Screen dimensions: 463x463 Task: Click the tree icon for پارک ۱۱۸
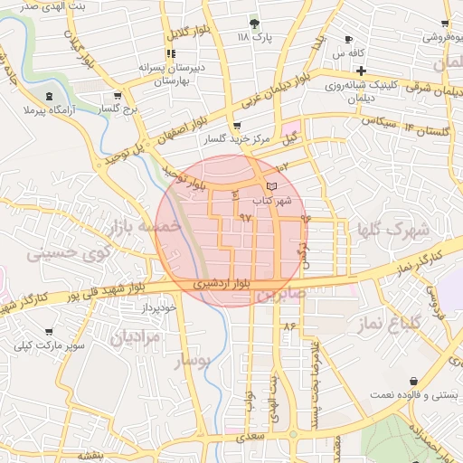(x=254, y=23)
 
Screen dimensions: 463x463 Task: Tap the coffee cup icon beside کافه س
(x=349, y=40)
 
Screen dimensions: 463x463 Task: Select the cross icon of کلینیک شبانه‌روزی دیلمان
(x=361, y=71)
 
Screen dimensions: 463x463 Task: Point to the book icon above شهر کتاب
(x=272, y=185)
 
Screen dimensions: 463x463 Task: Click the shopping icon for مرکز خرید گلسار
(x=236, y=126)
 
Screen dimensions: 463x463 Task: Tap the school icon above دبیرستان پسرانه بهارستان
(x=171, y=53)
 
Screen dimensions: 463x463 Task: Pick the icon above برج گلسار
(x=118, y=95)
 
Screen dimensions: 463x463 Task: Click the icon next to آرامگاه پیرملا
(x=48, y=96)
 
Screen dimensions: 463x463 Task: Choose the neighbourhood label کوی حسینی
(x=60, y=255)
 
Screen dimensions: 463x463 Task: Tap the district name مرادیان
(x=135, y=338)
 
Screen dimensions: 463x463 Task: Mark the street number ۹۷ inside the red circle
(x=245, y=218)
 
